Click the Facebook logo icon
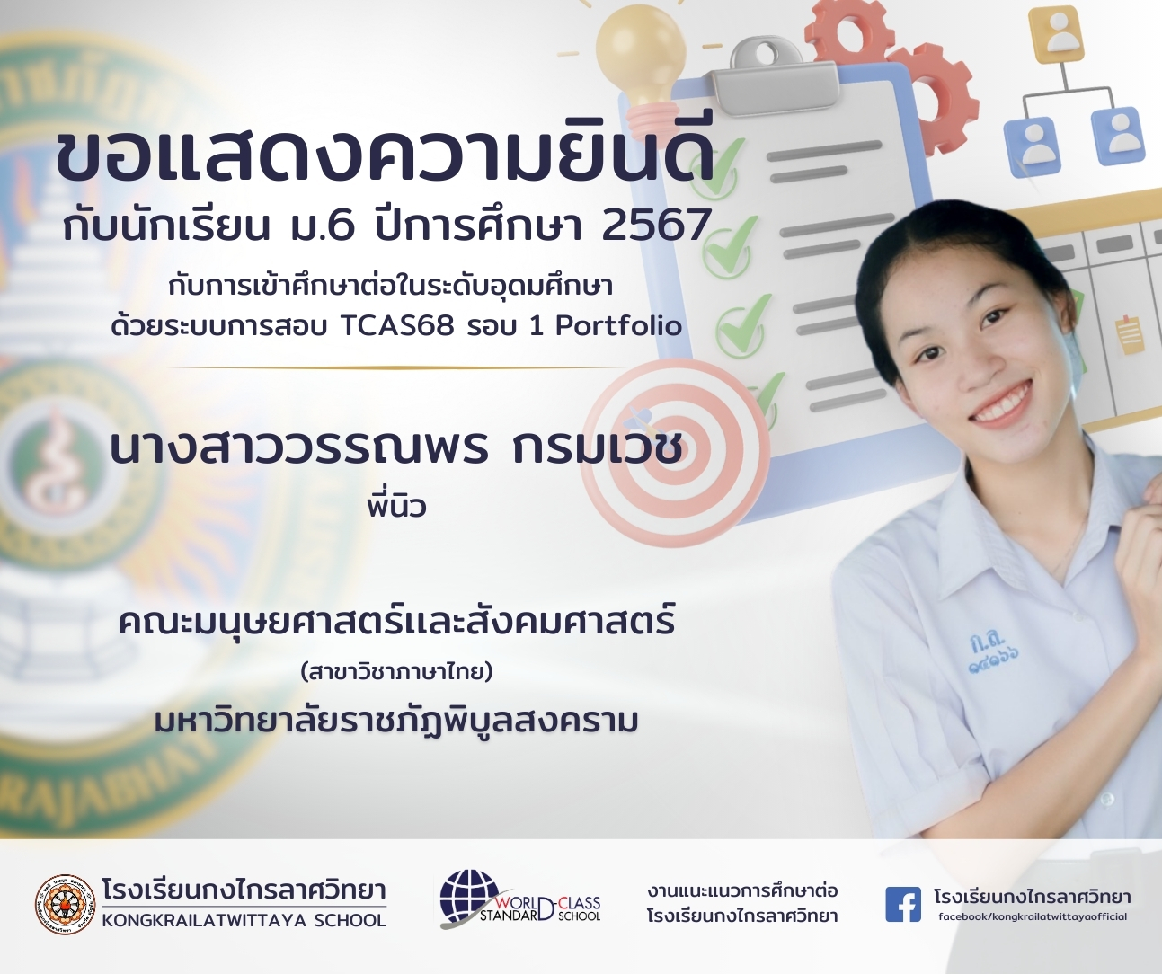tap(902, 905)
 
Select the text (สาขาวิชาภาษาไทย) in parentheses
tap(397, 673)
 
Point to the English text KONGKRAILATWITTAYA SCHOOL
tap(244, 921)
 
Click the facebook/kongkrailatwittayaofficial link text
tap(1033, 916)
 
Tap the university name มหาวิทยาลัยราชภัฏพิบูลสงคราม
tap(396, 722)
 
